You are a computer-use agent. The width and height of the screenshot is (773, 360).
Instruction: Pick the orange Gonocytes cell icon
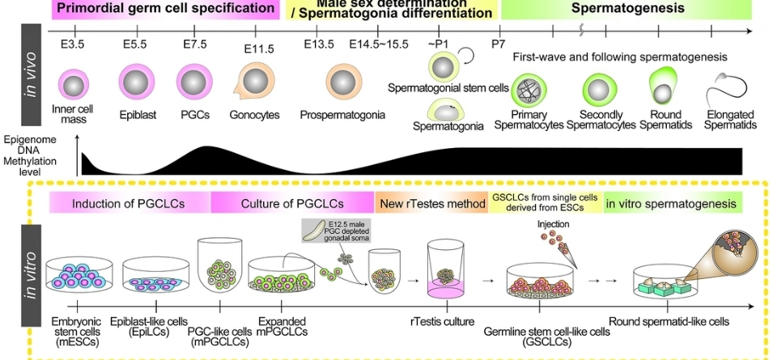(x=253, y=83)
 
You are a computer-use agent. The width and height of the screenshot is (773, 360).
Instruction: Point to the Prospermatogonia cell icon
(x=342, y=83)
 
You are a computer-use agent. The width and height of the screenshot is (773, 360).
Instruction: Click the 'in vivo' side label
(x=31, y=74)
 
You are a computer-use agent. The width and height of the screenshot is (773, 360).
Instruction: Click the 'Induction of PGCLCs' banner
(x=130, y=203)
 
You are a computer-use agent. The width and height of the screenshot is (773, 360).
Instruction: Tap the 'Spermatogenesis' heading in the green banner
(x=626, y=9)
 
